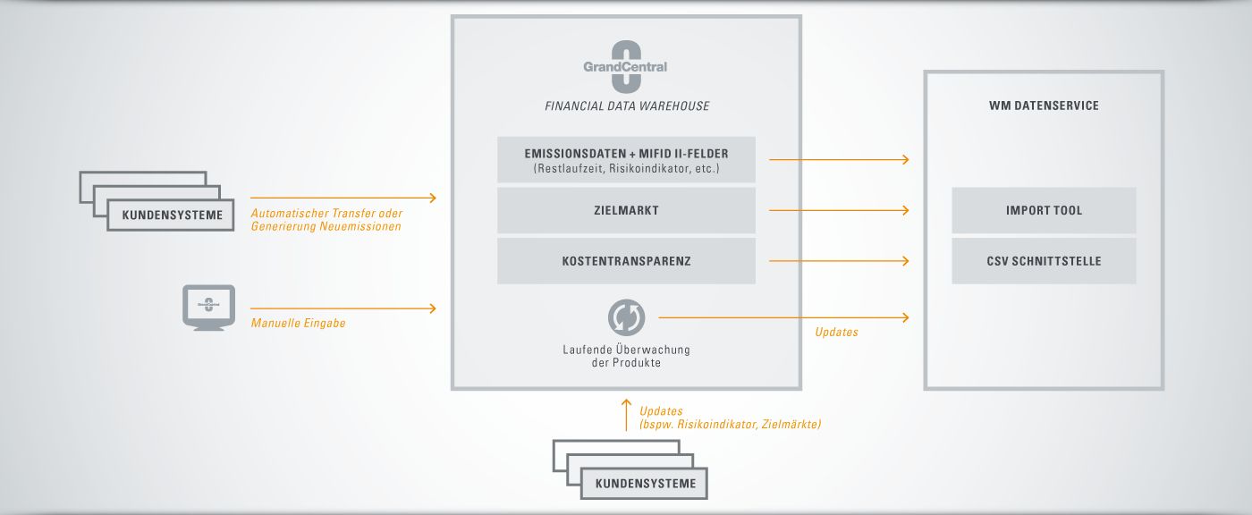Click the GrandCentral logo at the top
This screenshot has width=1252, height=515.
click(625, 66)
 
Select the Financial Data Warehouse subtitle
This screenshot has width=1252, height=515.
click(627, 106)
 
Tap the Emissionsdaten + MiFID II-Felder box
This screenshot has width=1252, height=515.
click(626, 160)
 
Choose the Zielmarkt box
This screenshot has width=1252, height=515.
click(626, 211)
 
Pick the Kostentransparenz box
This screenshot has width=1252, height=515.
click(626, 261)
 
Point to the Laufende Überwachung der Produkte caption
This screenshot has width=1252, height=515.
click(626, 356)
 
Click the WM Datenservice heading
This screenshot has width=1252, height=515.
click(1044, 106)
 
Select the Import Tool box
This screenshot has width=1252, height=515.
click(1044, 211)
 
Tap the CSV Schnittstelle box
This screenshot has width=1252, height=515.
click(1044, 261)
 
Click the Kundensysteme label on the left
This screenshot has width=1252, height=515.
click(172, 215)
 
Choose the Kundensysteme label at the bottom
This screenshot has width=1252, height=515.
click(646, 484)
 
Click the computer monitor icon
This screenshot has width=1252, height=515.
click(208, 308)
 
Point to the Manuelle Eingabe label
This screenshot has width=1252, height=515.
click(298, 323)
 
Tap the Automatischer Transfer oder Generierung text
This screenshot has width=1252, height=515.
click(326, 220)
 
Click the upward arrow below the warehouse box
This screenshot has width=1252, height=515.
click(626, 415)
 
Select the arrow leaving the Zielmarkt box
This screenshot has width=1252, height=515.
click(839, 211)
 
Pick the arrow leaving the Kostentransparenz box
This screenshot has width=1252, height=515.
click(839, 261)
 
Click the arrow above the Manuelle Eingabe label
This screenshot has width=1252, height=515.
click(343, 308)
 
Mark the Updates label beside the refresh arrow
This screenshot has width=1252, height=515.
click(836, 332)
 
